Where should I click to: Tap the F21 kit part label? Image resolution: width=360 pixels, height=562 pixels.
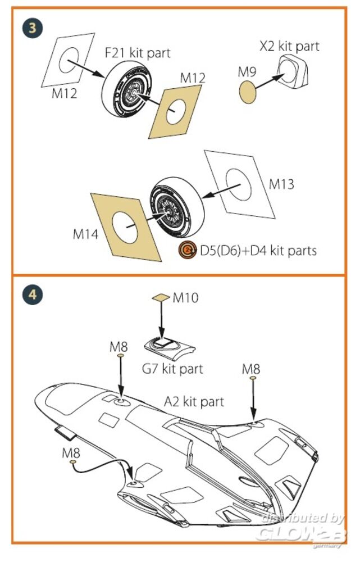click(137, 53)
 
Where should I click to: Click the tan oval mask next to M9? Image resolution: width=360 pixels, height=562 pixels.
click(248, 91)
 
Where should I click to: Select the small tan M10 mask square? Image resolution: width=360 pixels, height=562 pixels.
click(161, 298)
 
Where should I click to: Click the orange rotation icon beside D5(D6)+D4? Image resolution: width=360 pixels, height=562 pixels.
click(188, 250)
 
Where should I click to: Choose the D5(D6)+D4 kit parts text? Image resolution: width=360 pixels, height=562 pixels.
click(258, 250)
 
